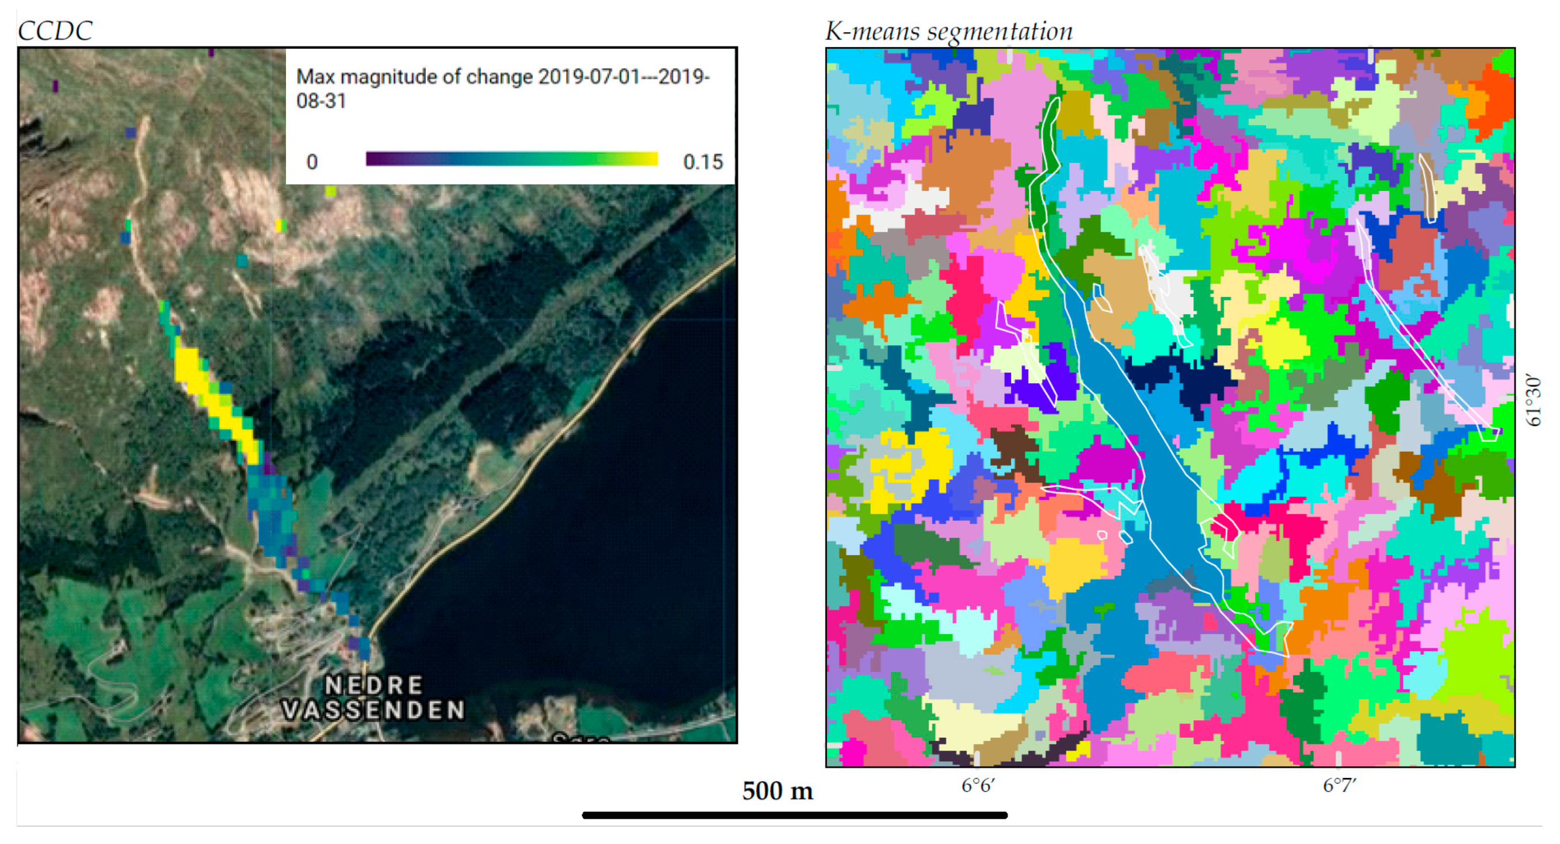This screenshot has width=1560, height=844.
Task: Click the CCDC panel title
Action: point(55,31)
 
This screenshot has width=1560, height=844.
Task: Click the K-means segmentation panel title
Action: point(948,31)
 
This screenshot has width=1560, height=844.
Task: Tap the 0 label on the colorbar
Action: point(312,162)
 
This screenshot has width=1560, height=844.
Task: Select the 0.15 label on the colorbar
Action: point(703,162)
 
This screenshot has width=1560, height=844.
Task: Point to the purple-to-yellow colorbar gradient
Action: point(512,159)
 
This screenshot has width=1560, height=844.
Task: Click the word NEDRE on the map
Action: point(373,685)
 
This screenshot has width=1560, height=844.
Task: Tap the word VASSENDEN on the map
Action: point(373,709)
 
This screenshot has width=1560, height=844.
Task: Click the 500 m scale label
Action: point(777,790)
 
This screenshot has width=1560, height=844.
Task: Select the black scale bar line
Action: point(795,815)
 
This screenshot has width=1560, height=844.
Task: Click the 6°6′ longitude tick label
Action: point(978,785)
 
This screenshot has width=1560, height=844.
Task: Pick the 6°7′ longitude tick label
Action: point(1339,785)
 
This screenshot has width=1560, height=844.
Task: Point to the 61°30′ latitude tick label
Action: point(1533,401)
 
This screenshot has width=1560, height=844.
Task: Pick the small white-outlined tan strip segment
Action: point(1429,188)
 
